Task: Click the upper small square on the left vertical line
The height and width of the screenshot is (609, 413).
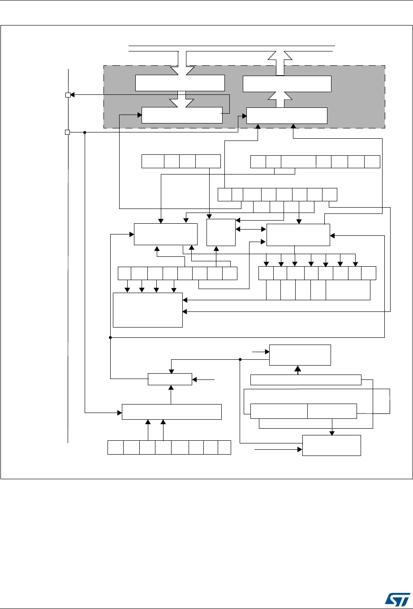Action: [x=68, y=95]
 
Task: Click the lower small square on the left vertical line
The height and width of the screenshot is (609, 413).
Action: [x=68, y=132]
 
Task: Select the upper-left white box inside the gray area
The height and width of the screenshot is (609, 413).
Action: [x=180, y=83]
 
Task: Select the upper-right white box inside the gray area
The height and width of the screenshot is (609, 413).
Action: [x=287, y=84]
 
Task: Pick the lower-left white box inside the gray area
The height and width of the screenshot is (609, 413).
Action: [x=182, y=115]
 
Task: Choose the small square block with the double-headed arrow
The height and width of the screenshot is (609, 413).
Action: [x=221, y=232]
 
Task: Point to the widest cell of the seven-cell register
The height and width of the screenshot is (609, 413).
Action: [x=298, y=161]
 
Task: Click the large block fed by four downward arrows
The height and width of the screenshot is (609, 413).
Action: [x=148, y=310]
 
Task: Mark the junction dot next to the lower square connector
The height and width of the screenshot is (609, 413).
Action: [x=85, y=132]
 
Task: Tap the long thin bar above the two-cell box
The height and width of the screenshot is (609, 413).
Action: [x=305, y=380]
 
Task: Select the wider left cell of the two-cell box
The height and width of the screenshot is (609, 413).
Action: [x=279, y=411]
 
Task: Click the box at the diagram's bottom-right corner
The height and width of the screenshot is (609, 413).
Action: [x=331, y=445]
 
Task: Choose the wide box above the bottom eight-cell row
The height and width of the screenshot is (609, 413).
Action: [x=172, y=411]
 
